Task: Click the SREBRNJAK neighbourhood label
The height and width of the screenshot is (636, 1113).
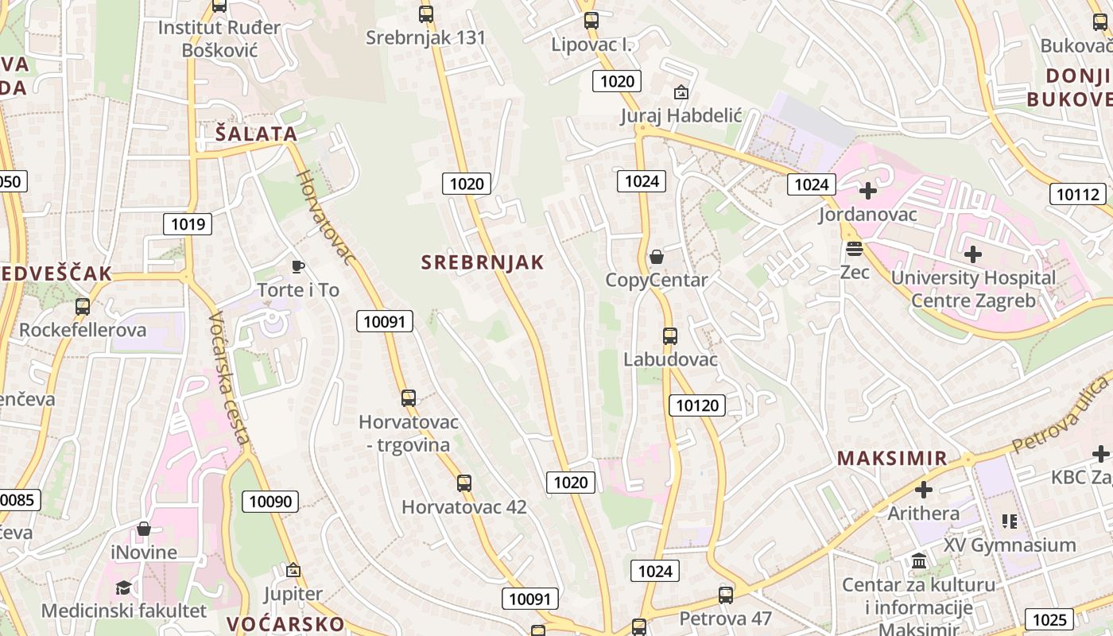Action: click(483, 262)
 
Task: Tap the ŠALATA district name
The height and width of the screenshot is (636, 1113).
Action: click(256, 134)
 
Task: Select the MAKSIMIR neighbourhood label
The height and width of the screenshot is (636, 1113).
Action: click(892, 458)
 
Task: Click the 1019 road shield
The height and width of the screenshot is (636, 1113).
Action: click(188, 224)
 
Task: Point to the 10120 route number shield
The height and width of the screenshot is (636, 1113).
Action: click(697, 405)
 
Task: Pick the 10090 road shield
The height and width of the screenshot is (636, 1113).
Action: click(271, 501)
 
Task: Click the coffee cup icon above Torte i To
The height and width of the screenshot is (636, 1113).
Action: click(298, 266)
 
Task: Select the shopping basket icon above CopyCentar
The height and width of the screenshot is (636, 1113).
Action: click(657, 257)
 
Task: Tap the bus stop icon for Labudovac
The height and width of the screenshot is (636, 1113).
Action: click(670, 335)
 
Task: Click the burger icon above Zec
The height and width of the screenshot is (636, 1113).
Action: click(855, 249)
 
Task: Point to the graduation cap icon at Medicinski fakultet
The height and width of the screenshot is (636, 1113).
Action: click(123, 588)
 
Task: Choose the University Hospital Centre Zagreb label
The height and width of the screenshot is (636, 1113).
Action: click(973, 289)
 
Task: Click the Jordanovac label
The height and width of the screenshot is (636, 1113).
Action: click(868, 215)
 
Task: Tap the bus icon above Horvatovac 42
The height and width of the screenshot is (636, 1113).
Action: click(464, 483)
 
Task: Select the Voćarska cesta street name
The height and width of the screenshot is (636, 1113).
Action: click(230, 378)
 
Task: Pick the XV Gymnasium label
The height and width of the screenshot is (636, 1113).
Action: click(1010, 545)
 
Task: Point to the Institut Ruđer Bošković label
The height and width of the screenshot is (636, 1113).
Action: click(219, 39)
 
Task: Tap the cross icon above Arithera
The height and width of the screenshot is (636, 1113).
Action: click(924, 489)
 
